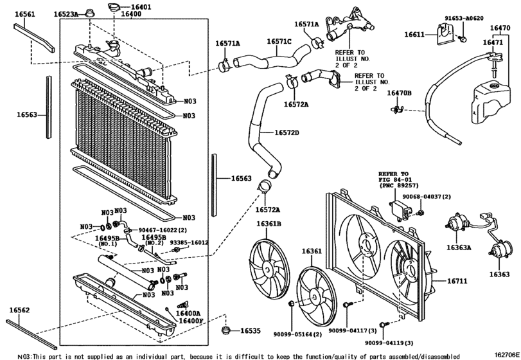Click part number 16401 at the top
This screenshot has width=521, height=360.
pos(141,7)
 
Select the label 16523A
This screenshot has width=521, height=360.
pos(66,14)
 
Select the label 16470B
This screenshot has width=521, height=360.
pos(399,93)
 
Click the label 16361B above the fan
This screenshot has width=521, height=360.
pos(270,224)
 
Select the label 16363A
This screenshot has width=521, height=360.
pos(459,246)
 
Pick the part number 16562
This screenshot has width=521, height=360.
pos(19,310)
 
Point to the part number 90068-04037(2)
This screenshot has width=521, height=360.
pos(427,196)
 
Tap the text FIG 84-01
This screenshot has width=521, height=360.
pos(393,181)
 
